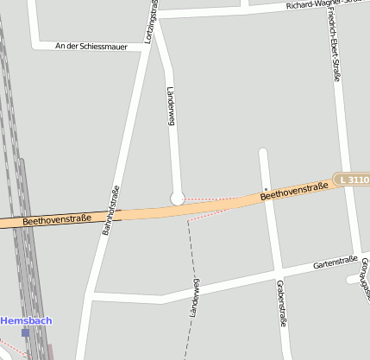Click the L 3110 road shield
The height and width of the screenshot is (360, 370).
pyautogui.click(x=354, y=180)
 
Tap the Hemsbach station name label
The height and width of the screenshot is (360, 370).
pyautogui.click(x=26, y=320)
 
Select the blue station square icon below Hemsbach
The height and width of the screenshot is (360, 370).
pyautogui.click(x=26, y=332)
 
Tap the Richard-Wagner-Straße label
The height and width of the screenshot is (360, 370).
pyautogui.click(x=328, y=4)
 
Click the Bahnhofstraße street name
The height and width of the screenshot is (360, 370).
pyautogui.click(x=110, y=212)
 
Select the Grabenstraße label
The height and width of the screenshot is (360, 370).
pyautogui.click(x=282, y=302)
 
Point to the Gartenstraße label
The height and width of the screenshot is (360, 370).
pyautogui.click(x=335, y=262)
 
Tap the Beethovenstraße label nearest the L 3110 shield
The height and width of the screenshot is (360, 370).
pyautogui.click(x=295, y=191)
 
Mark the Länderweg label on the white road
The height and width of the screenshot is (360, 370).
pyautogui.click(x=171, y=108)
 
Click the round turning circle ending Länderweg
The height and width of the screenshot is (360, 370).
pyautogui.click(x=178, y=199)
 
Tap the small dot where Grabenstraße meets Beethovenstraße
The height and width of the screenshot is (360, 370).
pyautogui.click(x=267, y=188)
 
